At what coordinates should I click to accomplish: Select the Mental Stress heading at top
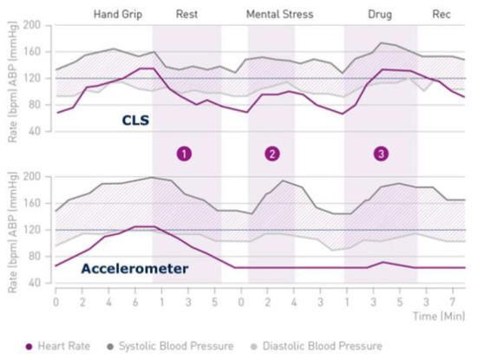point(279,15)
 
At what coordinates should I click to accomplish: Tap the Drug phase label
point(379,15)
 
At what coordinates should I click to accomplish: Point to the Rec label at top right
point(441,15)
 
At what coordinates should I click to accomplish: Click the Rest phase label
point(186,15)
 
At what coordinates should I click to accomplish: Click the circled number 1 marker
point(184,154)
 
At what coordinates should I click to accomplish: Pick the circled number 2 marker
point(272,154)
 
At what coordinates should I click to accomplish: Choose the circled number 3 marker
point(380,154)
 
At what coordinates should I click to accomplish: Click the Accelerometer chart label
point(134,269)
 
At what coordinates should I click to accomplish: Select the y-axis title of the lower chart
point(11,229)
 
